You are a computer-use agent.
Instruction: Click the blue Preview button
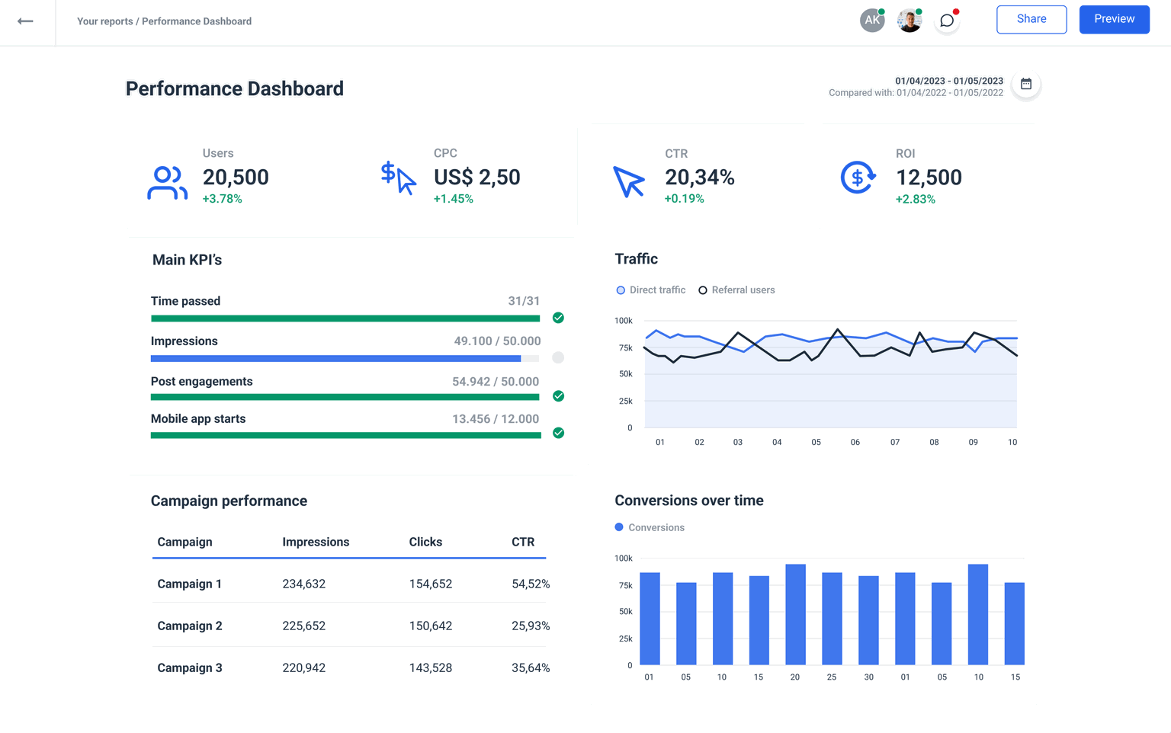(1114, 19)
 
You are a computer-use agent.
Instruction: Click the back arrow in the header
(25, 21)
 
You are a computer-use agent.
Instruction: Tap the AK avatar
(871, 21)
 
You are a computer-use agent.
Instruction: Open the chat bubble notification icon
(947, 21)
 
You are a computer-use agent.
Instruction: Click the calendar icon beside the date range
(1026, 85)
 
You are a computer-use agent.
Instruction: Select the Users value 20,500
(236, 178)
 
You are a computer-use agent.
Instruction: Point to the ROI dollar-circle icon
(858, 178)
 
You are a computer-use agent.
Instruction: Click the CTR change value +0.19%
(684, 199)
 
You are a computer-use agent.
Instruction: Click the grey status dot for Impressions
(558, 357)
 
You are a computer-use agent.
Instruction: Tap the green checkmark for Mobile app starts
(558, 433)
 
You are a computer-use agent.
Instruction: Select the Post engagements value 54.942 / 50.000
(496, 382)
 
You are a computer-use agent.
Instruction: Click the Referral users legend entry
(736, 290)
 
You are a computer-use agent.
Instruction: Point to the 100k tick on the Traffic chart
(623, 321)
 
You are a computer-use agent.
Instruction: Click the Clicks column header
(425, 542)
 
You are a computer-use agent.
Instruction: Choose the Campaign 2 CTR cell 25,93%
(531, 626)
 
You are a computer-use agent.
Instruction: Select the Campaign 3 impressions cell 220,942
(303, 667)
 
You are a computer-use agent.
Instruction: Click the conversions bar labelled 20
(795, 614)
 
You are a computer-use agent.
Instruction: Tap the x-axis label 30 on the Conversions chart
(868, 677)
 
